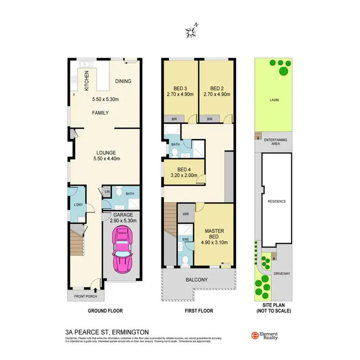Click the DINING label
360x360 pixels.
[x=123, y=81]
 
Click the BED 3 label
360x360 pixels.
[x=180, y=88]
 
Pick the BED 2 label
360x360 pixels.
[x=217, y=88]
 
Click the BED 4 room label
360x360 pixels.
[x=184, y=169]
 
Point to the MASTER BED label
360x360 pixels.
[x=215, y=233]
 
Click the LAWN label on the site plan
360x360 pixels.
[x=274, y=100]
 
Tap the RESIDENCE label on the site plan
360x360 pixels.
[x=276, y=201]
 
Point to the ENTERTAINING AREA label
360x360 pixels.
[x=276, y=141]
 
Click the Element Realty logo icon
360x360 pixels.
[x=255, y=336]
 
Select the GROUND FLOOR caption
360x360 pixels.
[x=105, y=311]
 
